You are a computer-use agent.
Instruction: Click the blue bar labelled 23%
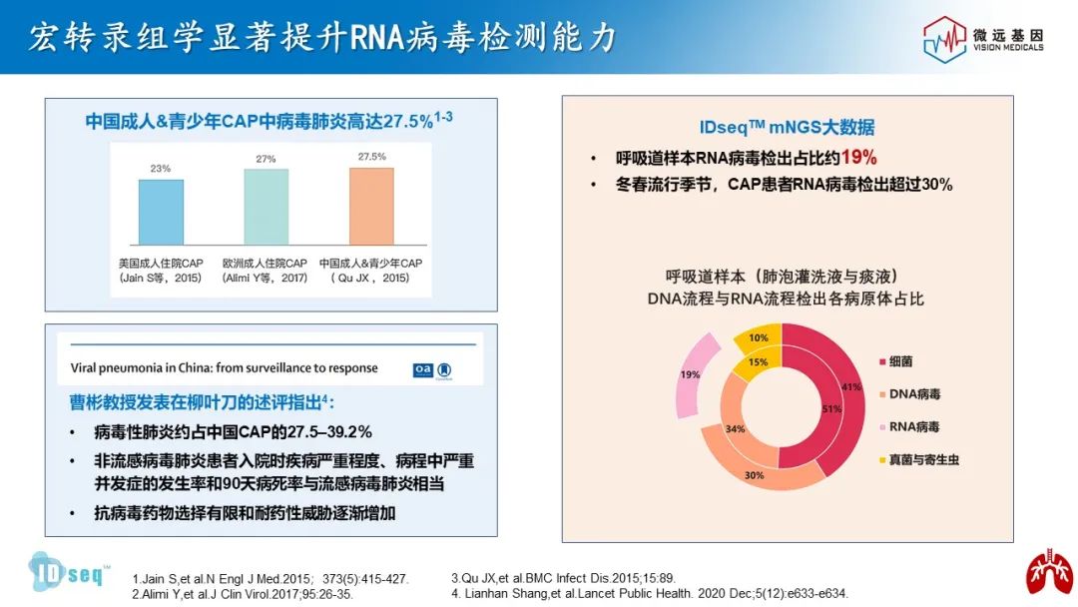pos(161,212)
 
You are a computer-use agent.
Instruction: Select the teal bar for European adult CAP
pos(267,207)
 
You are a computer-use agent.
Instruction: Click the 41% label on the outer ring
pos(850,386)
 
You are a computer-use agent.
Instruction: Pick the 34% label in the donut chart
pos(734,429)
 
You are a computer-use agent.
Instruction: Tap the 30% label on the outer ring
pos(755,475)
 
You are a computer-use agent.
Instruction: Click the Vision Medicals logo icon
pos(944,39)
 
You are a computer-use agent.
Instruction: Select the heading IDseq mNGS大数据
pos(787,127)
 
